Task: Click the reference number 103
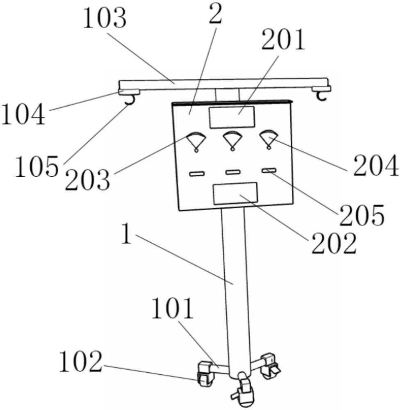[104, 19]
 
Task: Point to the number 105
[36, 167]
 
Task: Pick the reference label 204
[376, 165]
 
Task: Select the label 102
[80, 362]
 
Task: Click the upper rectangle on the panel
[231, 117]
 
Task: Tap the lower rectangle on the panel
[235, 193]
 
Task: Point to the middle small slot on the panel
[232, 172]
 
